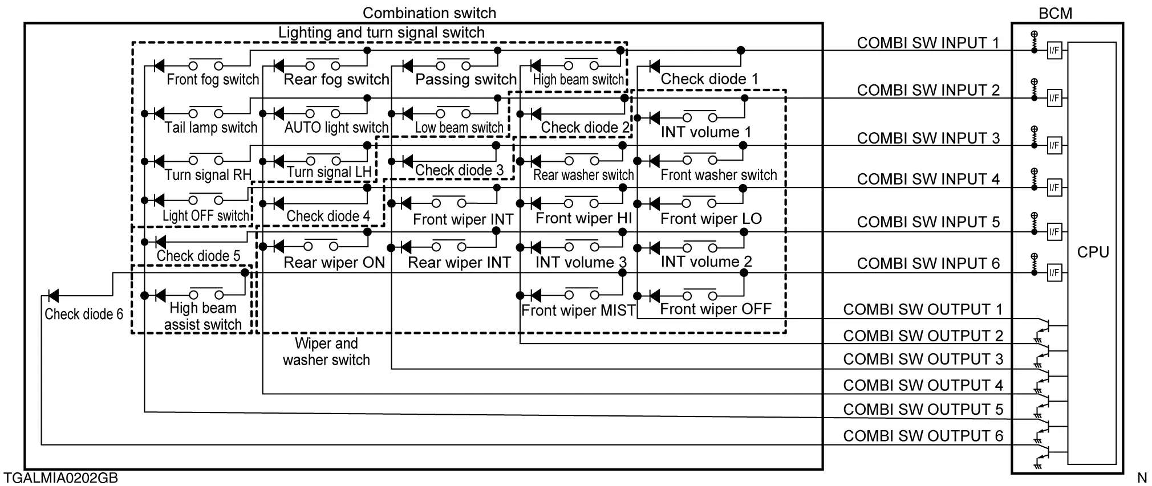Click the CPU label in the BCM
(1093, 252)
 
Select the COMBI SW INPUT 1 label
(928, 43)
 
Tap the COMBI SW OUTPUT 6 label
(923, 436)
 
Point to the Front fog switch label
(213, 79)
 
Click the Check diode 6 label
(84, 314)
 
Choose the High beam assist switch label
(203, 316)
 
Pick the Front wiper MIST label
(578, 311)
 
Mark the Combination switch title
(429, 13)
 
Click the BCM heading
(1055, 13)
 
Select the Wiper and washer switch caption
(326, 352)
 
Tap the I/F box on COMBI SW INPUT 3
(1054, 145)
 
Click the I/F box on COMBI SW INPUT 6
(1054, 273)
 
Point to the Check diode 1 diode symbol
(654, 66)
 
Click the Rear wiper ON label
(334, 263)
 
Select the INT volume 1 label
(706, 132)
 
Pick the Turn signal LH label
(329, 172)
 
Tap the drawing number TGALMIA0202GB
(61, 477)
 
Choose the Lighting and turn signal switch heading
(381, 32)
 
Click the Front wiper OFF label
(715, 309)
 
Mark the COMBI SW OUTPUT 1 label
(923, 309)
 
